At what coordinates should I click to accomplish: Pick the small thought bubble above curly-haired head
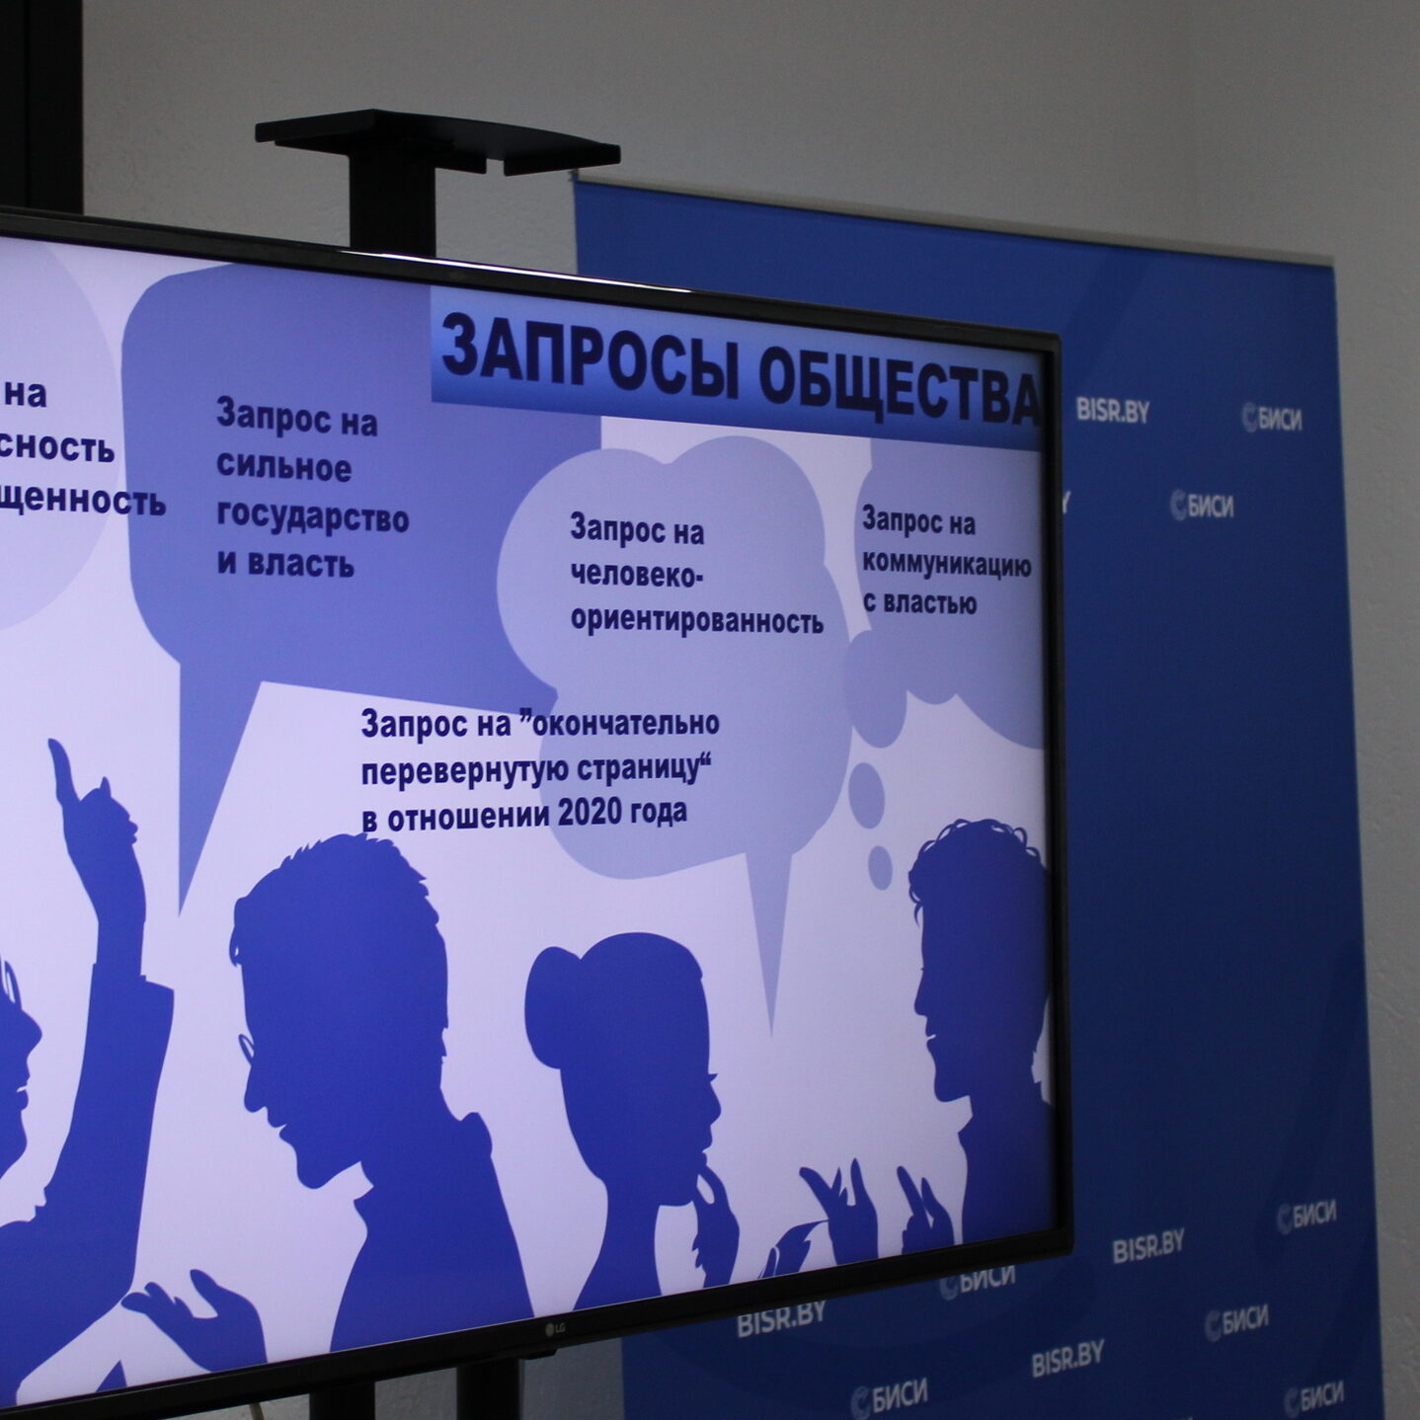coord(880,866)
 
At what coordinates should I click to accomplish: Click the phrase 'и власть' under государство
coord(285,564)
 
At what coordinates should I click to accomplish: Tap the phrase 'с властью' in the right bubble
coord(919,602)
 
